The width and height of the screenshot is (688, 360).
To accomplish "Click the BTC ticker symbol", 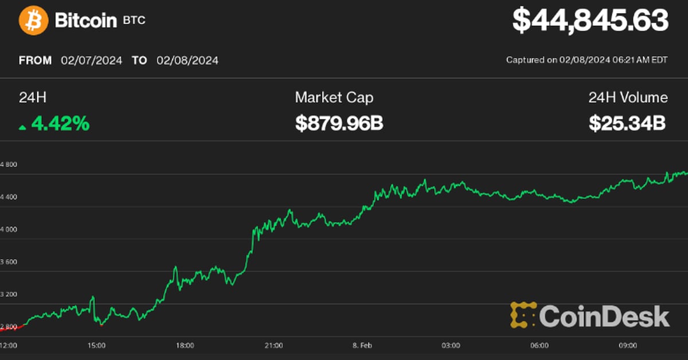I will [134, 21].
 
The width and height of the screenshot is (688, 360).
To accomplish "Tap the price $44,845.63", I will [590, 21].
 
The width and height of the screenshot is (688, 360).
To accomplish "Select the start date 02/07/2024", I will [92, 60].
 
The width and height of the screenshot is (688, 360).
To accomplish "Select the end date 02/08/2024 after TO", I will [187, 60].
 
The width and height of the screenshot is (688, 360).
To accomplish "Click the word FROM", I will [36, 60].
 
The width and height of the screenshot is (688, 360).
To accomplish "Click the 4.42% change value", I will [60, 123].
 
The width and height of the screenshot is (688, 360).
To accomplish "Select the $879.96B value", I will [339, 123].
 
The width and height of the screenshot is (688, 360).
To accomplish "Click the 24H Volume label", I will [628, 97].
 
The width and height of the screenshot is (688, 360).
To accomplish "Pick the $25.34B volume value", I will [627, 123].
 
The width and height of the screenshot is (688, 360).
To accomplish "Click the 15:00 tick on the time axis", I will [96, 346].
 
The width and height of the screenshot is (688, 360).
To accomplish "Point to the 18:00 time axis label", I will [185, 346].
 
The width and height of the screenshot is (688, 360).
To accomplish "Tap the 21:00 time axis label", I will [273, 346].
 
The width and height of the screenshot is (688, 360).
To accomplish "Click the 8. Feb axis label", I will [362, 346].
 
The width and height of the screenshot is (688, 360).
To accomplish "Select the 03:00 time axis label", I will [451, 346].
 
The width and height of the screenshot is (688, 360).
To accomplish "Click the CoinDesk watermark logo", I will [590, 316].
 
